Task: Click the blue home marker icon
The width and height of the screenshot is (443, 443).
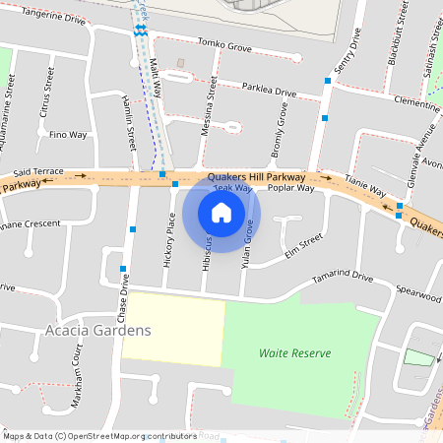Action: [221, 212]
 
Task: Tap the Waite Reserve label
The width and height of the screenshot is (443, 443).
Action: [295, 352]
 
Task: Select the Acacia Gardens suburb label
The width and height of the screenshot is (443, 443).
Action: [98, 330]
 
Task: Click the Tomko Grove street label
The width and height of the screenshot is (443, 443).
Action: [224, 44]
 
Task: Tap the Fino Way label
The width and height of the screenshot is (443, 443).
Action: [69, 134]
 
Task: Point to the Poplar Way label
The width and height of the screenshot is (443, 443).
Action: [290, 187]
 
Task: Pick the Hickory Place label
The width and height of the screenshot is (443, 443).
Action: [169, 241]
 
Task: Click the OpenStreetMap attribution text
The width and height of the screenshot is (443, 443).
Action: [98, 435]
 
